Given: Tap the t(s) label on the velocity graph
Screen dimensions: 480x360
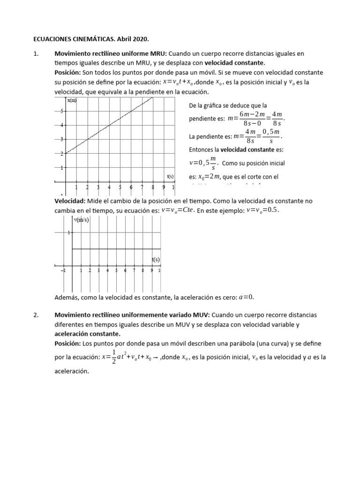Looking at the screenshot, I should tap(155, 259).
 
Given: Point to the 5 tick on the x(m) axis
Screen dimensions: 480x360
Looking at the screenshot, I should tap(61, 111).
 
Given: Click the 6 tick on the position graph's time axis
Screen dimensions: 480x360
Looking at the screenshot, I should tap(131, 187).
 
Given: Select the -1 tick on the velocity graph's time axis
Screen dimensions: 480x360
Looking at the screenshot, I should tap(63, 270).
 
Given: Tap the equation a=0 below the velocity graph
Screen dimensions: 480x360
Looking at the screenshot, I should tap(246, 297).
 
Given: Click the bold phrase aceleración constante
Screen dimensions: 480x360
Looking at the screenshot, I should tap(87, 333).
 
